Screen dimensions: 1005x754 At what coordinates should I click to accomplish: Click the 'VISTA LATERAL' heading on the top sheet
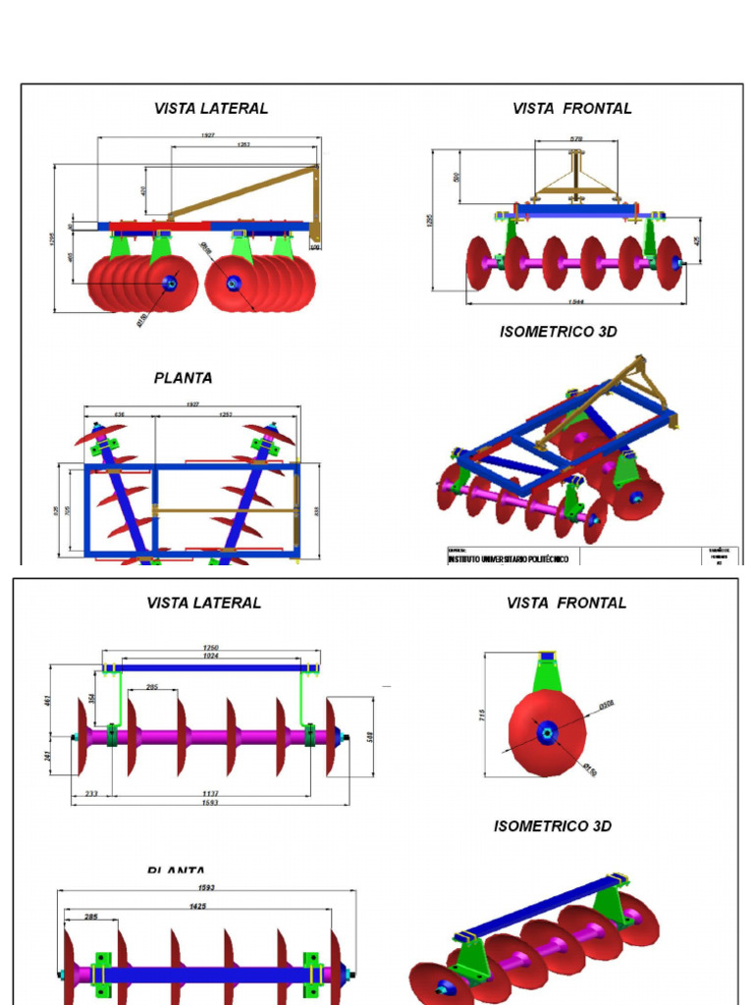tap(210, 108)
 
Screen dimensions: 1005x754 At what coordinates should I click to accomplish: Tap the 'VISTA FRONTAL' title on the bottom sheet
tap(565, 603)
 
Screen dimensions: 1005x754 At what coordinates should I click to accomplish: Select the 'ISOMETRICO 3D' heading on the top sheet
tap(558, 332)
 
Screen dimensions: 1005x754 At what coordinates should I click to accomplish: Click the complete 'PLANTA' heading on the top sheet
tap(183, 378)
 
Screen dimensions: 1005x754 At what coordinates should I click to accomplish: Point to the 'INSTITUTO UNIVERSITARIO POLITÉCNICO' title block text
tap(508, 558)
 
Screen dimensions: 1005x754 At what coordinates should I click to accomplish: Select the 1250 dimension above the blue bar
tap(211, 648)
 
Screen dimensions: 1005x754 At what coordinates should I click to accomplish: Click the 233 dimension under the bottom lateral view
tap(91, 793)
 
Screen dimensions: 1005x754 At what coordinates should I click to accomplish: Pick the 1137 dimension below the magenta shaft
tap(210, 793)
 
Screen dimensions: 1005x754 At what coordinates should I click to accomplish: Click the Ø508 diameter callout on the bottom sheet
tap(606, 705)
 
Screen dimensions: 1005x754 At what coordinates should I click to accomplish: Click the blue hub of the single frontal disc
tap(546, 731)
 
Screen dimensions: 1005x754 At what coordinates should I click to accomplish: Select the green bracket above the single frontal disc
tap(546, 674)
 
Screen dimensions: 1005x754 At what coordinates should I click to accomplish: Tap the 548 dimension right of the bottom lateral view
tap(370, 736)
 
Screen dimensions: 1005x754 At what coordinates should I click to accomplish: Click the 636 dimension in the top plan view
tap(119, 415)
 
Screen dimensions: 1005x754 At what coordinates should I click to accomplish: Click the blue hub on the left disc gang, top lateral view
tap(170, 285)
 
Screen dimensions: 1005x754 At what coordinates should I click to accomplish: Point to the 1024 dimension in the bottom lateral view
tap(211, 657)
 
